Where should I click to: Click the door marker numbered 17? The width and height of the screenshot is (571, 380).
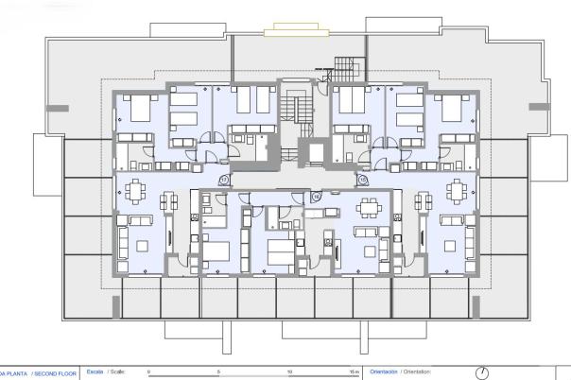click(224, 179)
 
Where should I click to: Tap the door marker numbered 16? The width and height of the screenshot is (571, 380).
click(317, 195)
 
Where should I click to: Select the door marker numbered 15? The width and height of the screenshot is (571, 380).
click(362, 179)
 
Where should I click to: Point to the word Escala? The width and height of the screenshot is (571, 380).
click(95, 372)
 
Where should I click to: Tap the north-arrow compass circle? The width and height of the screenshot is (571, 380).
click(481, 372)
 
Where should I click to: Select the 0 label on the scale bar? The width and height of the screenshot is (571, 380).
click(149, 372)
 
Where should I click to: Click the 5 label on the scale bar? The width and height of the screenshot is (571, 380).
click(218, 372)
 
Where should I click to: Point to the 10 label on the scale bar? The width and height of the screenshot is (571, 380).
click(288, 372)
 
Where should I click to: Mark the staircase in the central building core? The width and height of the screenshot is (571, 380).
click(301, 111)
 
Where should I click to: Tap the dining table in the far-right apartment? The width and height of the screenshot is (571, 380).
click(457, 187)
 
